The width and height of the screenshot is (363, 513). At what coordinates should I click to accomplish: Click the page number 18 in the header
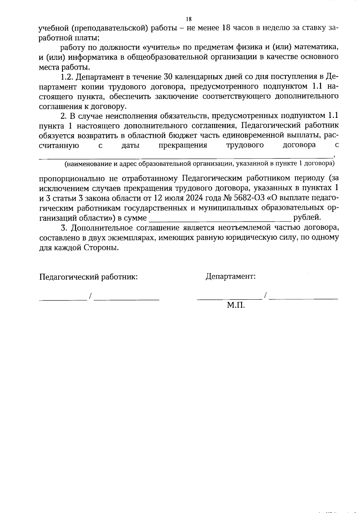[188, 19]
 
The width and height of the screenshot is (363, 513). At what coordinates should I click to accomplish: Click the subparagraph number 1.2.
[67, 77]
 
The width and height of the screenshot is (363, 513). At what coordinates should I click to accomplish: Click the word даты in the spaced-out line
[130, 145]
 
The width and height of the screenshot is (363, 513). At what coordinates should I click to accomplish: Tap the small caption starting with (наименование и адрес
[199, 164]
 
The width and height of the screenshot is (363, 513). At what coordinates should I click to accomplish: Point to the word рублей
[307, 217]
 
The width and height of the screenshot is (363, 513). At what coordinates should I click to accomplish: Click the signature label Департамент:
[231, 276]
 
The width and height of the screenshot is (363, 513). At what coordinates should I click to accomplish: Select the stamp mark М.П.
[236, 305]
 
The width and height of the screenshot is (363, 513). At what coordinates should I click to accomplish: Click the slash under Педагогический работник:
[90, 296]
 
